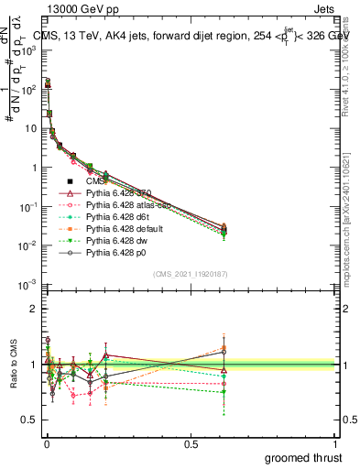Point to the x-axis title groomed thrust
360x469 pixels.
tap(303, 457)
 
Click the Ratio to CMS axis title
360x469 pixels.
tap(12, 378)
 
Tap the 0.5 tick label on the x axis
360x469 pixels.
tap(191, 443)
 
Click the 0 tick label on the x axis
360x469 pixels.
tap(47, 443)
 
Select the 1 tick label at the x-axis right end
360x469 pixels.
tap(334, 443)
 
